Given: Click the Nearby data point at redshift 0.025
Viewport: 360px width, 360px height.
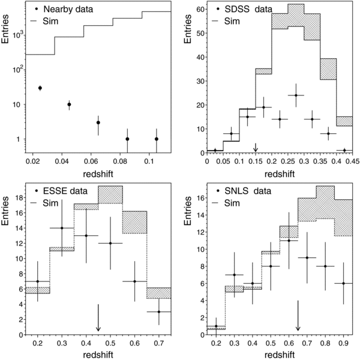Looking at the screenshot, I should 40,88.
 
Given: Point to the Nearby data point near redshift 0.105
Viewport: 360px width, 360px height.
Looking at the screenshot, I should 157,139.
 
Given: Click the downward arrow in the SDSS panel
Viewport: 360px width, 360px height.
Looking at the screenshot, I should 256,147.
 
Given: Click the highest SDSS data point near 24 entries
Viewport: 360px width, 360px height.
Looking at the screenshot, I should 296,95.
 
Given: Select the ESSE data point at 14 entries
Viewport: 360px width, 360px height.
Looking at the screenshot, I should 62,228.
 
